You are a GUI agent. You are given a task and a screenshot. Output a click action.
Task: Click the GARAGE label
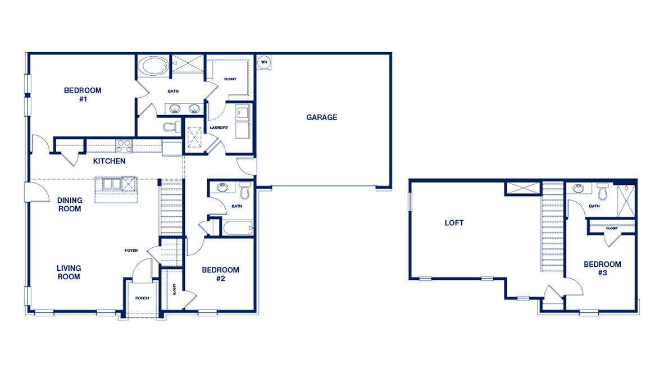[321, 117]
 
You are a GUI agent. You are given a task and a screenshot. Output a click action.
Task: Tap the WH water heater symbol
[263, 62]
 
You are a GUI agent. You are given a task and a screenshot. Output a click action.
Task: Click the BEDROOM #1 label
[83, 94]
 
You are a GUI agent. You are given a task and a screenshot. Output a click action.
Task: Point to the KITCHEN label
[109, 162]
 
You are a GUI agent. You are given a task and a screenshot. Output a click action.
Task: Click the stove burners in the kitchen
[124, 145]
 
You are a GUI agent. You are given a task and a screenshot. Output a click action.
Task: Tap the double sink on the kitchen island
[111, 184]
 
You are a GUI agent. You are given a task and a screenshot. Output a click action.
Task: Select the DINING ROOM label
[70, 204]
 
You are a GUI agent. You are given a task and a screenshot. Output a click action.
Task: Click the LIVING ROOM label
[69, 272]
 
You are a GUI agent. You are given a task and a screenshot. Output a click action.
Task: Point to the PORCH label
[142, 298]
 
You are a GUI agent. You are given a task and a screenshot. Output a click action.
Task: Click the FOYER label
[131, 251]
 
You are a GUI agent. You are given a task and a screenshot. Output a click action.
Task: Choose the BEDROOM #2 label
[220, 274]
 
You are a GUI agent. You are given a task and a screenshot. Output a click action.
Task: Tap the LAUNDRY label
[219, 128]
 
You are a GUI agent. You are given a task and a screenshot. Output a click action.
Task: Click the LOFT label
[454, 223]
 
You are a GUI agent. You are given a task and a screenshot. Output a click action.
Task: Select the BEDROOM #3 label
[602, 269]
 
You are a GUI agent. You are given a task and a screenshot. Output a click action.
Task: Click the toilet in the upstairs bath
[603, 192]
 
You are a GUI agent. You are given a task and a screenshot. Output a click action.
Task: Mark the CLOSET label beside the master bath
[230, 79]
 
